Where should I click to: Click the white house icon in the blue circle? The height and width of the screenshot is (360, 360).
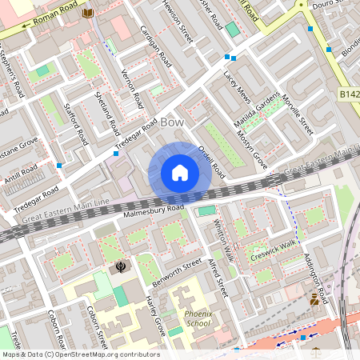tap(180, 173)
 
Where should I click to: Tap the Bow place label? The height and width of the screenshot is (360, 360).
tap(173, 122)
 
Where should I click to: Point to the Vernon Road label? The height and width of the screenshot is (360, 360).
tap(131, 88)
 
